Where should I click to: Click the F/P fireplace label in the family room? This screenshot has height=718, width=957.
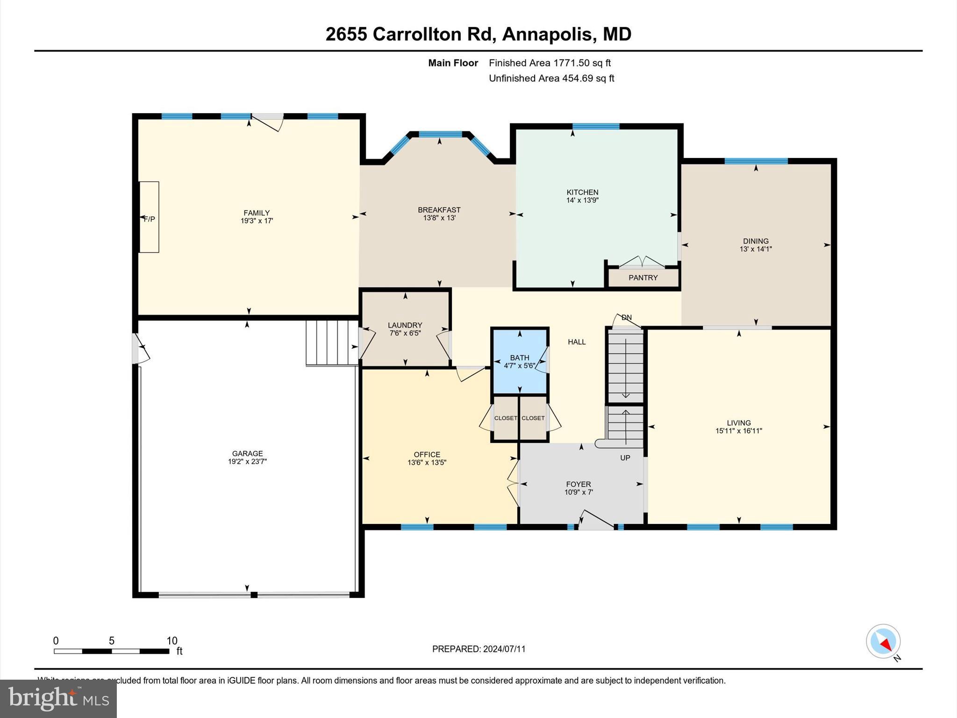coord(150,219)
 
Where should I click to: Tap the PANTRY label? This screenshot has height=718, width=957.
coord(643,278)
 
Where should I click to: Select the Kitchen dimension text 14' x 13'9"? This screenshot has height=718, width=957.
coord(582,200)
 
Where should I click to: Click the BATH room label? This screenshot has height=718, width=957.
coord(519,358)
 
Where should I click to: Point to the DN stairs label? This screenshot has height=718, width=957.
coord(627,317)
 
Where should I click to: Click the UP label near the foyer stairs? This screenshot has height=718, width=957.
coord(625,458)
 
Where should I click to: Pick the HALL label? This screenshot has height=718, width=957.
coord(577,342)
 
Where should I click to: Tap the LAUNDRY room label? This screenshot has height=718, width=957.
coord(405,325)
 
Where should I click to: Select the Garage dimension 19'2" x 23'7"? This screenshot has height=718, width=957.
coord(247,461)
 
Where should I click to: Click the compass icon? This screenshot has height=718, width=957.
coord(883,641)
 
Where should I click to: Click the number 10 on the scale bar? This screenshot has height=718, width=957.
coord(172,641)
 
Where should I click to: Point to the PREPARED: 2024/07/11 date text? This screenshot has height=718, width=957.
coord(478,649)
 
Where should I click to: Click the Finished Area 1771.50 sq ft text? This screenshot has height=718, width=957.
coord(550,63)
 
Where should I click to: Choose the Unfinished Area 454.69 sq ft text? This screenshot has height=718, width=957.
coord(551,78)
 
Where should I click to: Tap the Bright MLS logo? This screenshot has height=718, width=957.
coord(58,699)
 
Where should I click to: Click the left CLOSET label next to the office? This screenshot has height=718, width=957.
coord(506,418)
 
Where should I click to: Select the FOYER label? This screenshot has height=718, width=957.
coord(578,484)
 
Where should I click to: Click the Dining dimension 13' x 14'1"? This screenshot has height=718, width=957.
coord(756,249)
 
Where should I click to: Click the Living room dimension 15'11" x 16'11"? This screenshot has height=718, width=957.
coord(739,431)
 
